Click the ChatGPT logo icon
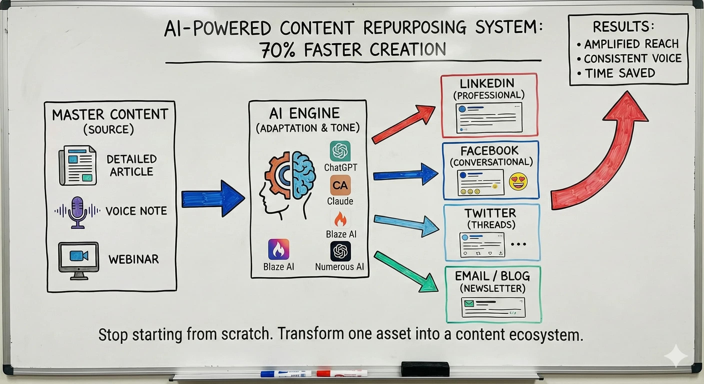[x=340, y=151]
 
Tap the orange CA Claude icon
[x=340, y=185]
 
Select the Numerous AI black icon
[x=340, y=251]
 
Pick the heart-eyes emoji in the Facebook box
[x=518, y=181]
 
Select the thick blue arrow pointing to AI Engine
[x=213, y=199]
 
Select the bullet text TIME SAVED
[x=620, y=73]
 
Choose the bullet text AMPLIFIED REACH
[x=631, y=44]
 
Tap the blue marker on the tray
[x=285, y=373]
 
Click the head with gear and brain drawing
[x=287, y=186]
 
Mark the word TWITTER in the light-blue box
[x=490, y=213]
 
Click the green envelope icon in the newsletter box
[x=469, y=303]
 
